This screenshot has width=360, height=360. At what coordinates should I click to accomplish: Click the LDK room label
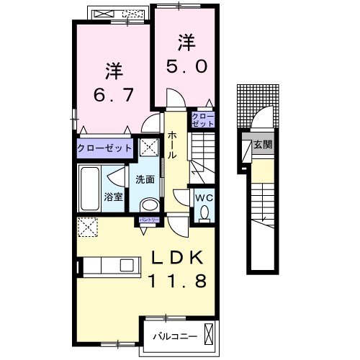tap(177, 258)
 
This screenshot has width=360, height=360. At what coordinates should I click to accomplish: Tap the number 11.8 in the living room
tap(178, 282)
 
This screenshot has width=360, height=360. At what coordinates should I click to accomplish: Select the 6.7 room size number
tap(113, 95)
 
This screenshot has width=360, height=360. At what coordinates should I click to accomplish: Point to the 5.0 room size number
tap(186, 66)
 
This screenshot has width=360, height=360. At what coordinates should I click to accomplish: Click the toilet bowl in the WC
tap(204, 212)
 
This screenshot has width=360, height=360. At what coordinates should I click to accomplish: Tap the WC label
tap(204, 198)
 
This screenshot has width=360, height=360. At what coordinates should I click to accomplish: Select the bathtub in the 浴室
tap(90, 189)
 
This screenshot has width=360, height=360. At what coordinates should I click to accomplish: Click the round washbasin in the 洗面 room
tap(149, 205)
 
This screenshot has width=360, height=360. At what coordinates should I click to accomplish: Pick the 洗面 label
tap(145, 179)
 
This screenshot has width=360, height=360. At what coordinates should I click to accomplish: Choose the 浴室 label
tap(113, 197)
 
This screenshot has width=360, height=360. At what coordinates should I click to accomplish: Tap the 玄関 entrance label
tap(263, 145)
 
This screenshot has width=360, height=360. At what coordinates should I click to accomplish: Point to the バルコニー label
tap(175, 336)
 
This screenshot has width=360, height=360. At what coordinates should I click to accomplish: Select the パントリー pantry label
tap(150, 220)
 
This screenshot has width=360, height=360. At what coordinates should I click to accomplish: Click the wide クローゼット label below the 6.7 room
tap(104, 148)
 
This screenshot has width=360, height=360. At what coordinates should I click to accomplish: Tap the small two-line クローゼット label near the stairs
tap(203, 120)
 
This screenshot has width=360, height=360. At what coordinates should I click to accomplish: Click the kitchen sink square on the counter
tap(127, 265)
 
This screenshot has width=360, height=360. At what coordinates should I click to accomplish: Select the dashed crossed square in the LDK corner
tap(87, 227)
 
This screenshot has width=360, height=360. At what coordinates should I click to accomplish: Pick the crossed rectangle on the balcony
tap(209, 334)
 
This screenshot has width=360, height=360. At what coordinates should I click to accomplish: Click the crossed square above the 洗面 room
tap(149, 147)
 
